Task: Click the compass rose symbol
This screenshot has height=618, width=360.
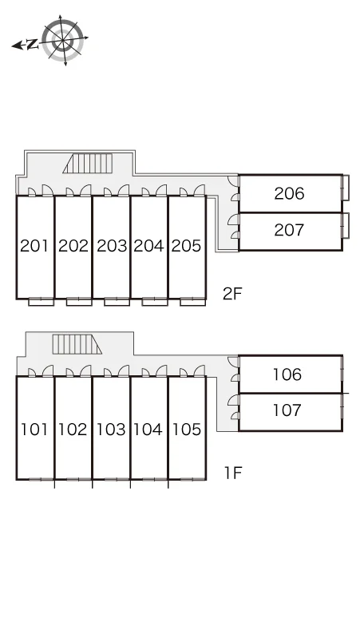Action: (x=63, y=40)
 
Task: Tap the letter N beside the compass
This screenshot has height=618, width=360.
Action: (x=32, y=45)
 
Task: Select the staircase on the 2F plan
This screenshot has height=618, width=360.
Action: (x=88, y=163)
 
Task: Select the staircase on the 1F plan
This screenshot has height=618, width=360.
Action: (x=77, y=344)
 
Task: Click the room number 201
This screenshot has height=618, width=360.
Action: (x=34, y=246)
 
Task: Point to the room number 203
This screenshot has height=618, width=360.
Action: (x=112, y=246)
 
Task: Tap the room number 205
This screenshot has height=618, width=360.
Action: (x=186, y=246)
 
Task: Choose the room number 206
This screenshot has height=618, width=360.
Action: (x=290, y=193)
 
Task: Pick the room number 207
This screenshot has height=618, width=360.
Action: (x=290, y=230)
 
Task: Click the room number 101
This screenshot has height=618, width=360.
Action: (x=34, y=430)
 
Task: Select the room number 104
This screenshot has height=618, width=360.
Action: (x=148, y=430)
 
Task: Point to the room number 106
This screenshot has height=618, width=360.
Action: (x=287, y=374)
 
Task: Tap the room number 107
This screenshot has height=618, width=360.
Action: (x=287, y=410)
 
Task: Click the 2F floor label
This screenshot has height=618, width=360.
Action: (x=232, y=294)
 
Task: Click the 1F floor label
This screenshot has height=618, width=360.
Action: (x=233, y=473)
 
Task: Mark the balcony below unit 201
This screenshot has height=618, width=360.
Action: (x=41, y=302)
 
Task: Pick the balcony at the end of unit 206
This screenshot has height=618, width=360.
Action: (x=346, y=188)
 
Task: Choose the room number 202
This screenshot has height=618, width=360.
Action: (x=73, y=246)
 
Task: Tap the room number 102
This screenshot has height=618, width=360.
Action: (x=73, y=430)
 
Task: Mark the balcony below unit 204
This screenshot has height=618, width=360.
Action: (x=155, y=302)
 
